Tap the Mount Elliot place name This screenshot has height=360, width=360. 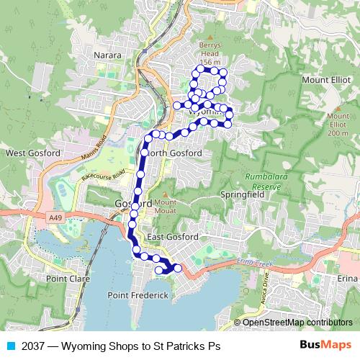pyautogui.click(x=323, y=80)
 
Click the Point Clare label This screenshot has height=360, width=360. pyautogui.click(x=66, y=278)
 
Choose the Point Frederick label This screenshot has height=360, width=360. pyautogui.click(x=138, y=295)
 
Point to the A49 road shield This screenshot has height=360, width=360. pyautogui.click(x=55, y=215)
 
